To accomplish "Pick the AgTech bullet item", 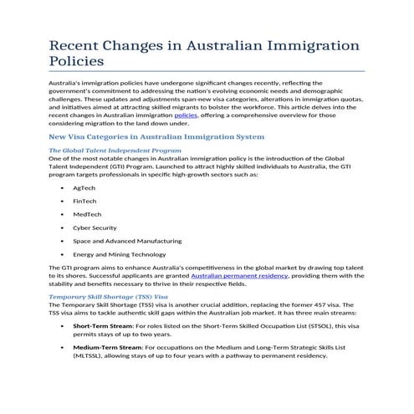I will (x=84, y=188).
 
